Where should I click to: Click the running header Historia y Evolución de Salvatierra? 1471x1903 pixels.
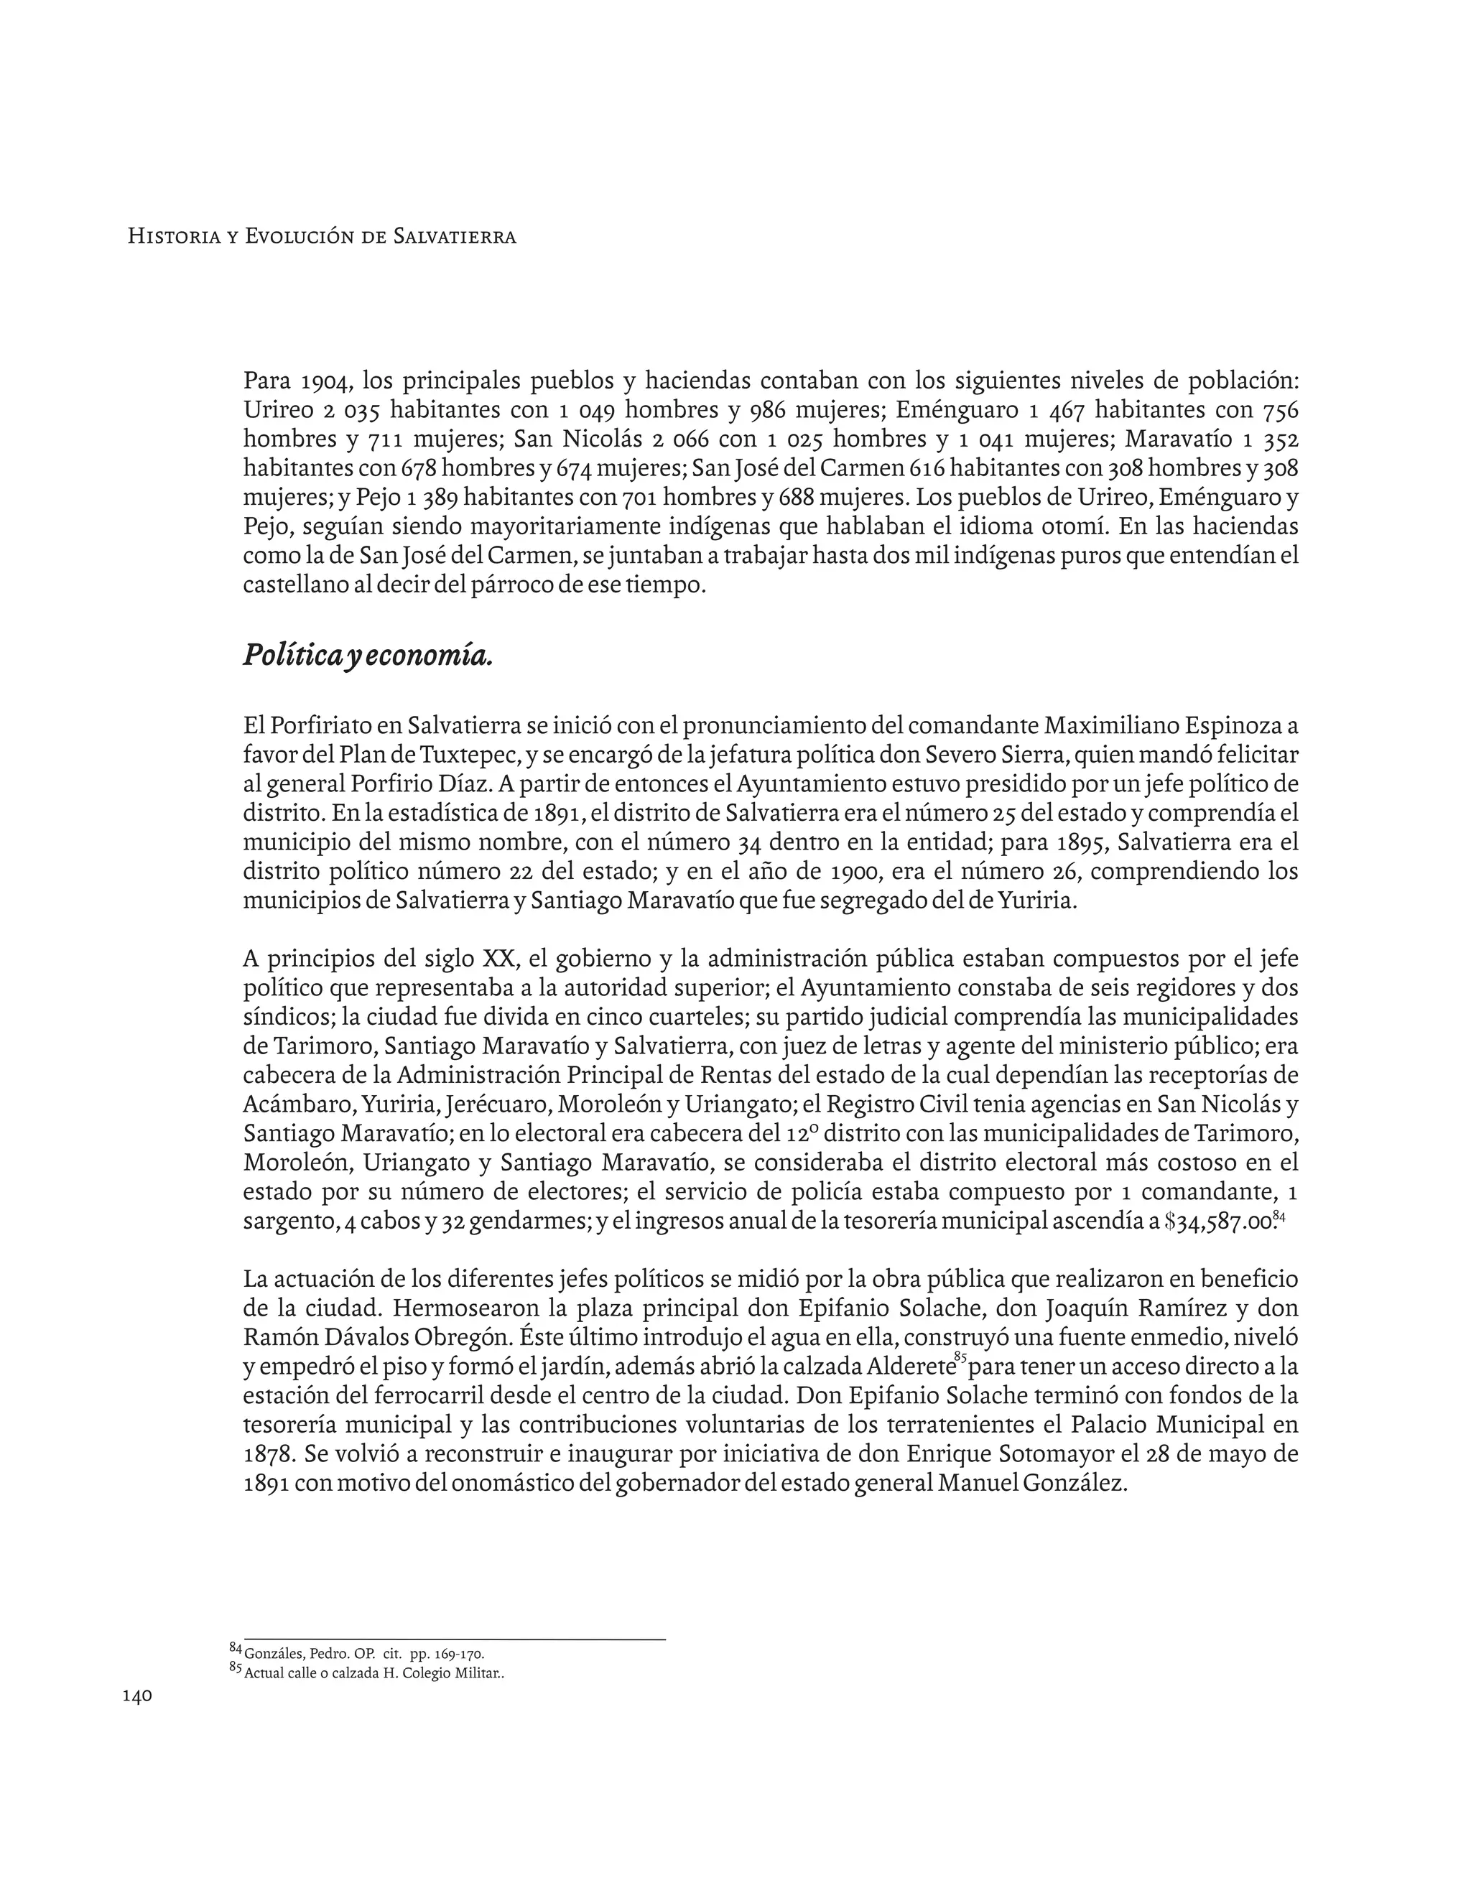(322, 236)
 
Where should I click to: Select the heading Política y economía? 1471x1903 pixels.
(368, 654)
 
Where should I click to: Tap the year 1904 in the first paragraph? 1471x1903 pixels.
(326, 381)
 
